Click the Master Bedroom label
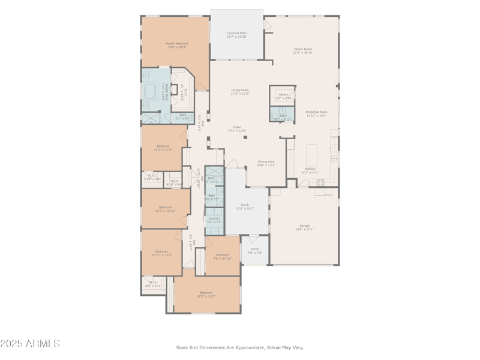(177, 44)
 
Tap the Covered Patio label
(237, 34)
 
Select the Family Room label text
(302, 49)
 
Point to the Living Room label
(240, 91)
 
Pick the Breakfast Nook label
(316, 112)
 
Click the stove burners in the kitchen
(320, 182)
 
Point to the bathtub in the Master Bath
(150, 92)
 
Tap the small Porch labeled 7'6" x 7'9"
(255, 251)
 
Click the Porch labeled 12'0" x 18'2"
(245, 206)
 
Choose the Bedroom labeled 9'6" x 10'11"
(223, 256)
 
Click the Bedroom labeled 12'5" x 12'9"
(163, 147)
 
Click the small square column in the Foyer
(245, 137)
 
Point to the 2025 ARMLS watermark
(30, 344)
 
